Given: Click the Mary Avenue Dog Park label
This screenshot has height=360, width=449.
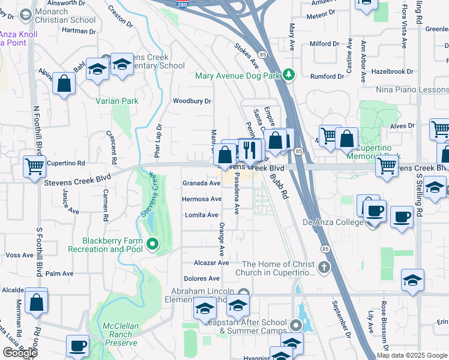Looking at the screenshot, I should click(238, 76).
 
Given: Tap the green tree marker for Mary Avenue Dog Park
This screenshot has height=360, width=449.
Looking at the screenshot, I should click(290, 74).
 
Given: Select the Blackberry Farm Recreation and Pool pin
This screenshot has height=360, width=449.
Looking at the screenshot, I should click(152, 244).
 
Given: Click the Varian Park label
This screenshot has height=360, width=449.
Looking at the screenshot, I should click(116, 101).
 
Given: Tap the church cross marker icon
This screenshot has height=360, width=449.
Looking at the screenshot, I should click(325, 266).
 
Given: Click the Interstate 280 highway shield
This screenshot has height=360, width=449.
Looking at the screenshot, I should click(182, 4).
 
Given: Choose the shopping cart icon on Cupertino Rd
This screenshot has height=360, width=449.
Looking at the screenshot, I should click(34, 166).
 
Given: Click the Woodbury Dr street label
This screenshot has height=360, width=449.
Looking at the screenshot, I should click(193, 101).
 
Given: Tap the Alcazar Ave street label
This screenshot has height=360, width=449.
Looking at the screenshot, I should click(211, 263).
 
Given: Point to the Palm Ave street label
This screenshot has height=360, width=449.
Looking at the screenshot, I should click(59, 274).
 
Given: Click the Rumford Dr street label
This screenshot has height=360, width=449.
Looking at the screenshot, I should click(327, 76).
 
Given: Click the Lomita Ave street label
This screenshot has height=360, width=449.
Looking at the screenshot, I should click(202, 215).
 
